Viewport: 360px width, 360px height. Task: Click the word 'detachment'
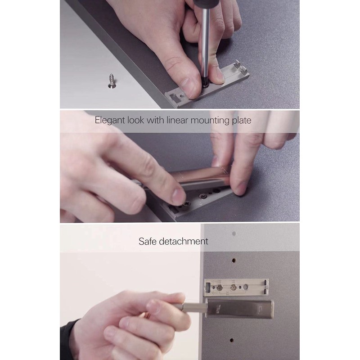tap(186, 241)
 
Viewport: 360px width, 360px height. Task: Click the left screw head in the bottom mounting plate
tap(220, 286)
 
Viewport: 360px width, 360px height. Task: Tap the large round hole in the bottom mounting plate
tap(246, 287)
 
